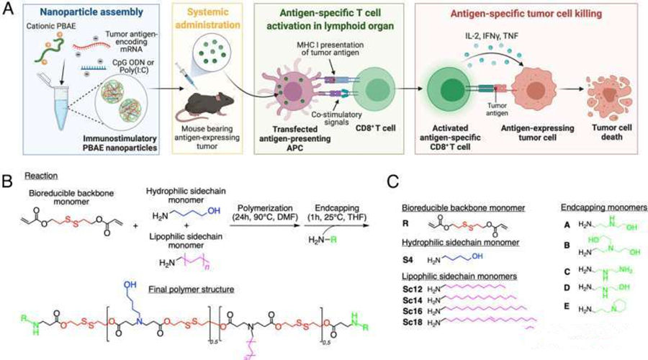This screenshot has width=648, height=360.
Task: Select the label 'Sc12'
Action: click(x=413, y=288)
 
